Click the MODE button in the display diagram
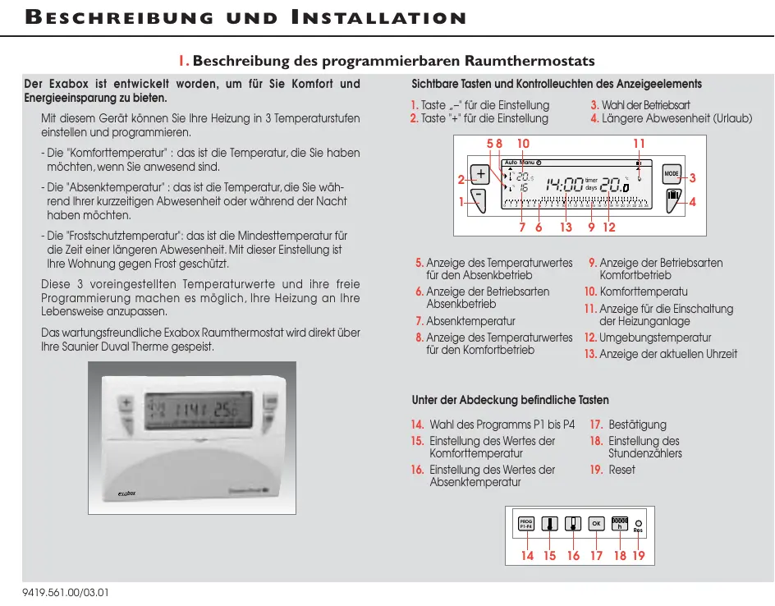point(672,174)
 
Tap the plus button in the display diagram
point(480,175)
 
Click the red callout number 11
point(639,145)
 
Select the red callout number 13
point(566,227)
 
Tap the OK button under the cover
point(597,523)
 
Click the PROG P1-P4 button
point(526,523)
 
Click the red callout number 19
point(639,556)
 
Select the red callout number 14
point(527,556)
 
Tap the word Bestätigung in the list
point(637,425)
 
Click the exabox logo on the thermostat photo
point(126,493)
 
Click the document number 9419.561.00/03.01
point(65,591)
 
